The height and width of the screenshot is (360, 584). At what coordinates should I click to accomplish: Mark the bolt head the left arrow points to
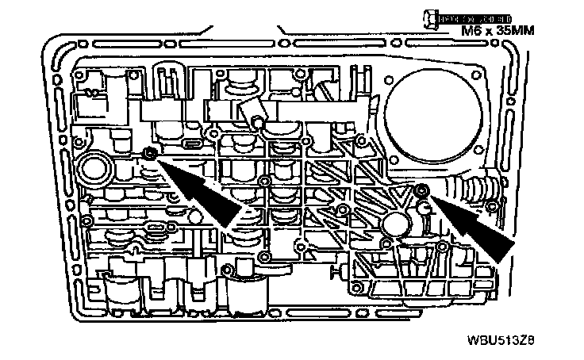(x=148, y=151)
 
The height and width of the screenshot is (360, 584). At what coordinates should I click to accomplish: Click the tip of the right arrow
(x=428, y=193)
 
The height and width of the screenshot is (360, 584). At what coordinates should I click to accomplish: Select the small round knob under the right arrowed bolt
(x=425, y=207)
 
